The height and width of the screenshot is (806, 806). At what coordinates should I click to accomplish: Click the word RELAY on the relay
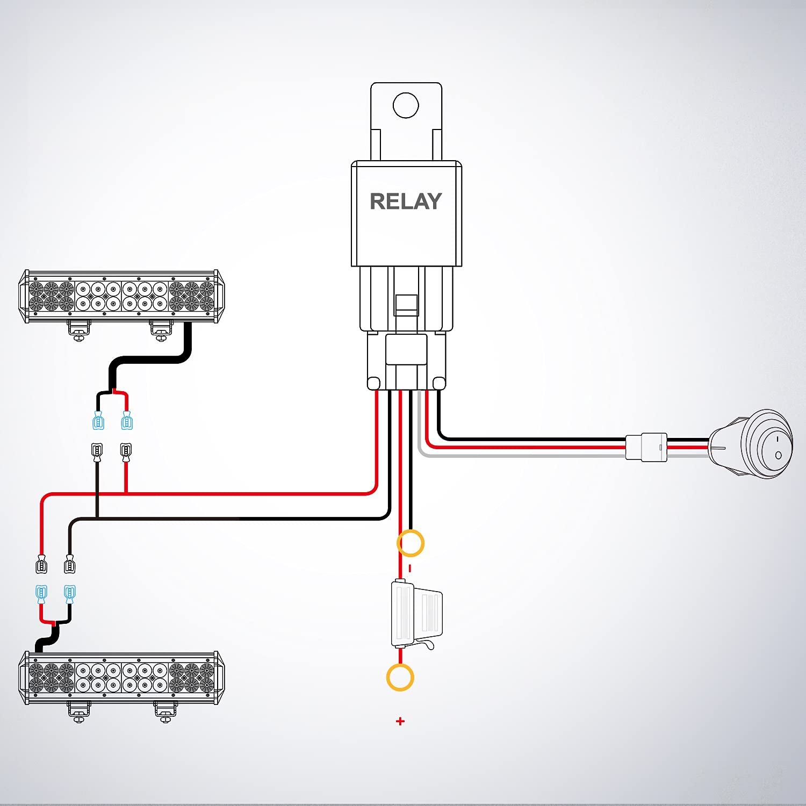click(406, 201)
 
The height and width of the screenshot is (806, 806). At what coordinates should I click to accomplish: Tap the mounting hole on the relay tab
click(406, 105)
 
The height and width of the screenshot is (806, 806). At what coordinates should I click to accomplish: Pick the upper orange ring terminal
click(411, 543)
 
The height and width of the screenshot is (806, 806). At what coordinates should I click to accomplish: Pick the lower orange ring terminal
click(400, 677)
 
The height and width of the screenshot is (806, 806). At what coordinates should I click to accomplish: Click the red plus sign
click(400, 721)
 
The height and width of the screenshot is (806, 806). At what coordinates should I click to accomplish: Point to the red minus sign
click(410, 568)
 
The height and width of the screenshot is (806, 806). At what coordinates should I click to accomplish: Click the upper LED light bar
click(121, 296)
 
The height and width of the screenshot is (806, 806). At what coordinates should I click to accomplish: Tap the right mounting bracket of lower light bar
click(165, 710)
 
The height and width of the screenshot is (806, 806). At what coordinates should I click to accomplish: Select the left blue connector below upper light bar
click(98, 421)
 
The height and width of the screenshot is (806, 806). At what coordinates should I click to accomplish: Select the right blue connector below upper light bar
click(127, 421)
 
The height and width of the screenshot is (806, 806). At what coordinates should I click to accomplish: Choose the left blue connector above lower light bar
click(41, 593)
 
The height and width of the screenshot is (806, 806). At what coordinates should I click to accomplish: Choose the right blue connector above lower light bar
click(70, 593)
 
